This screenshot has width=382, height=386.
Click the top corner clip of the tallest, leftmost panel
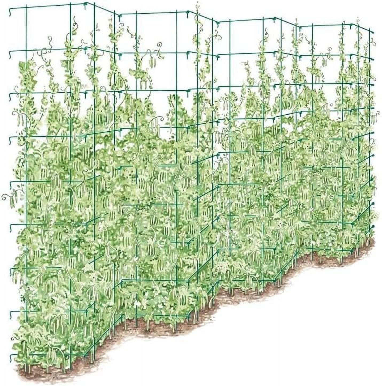pyautogui.click(x=86, y=4)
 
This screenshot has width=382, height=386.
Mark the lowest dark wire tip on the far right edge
pyautogui.click(x=372, y=227)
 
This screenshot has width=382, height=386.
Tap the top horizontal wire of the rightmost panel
pyautogui.click(x=326, y=26)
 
